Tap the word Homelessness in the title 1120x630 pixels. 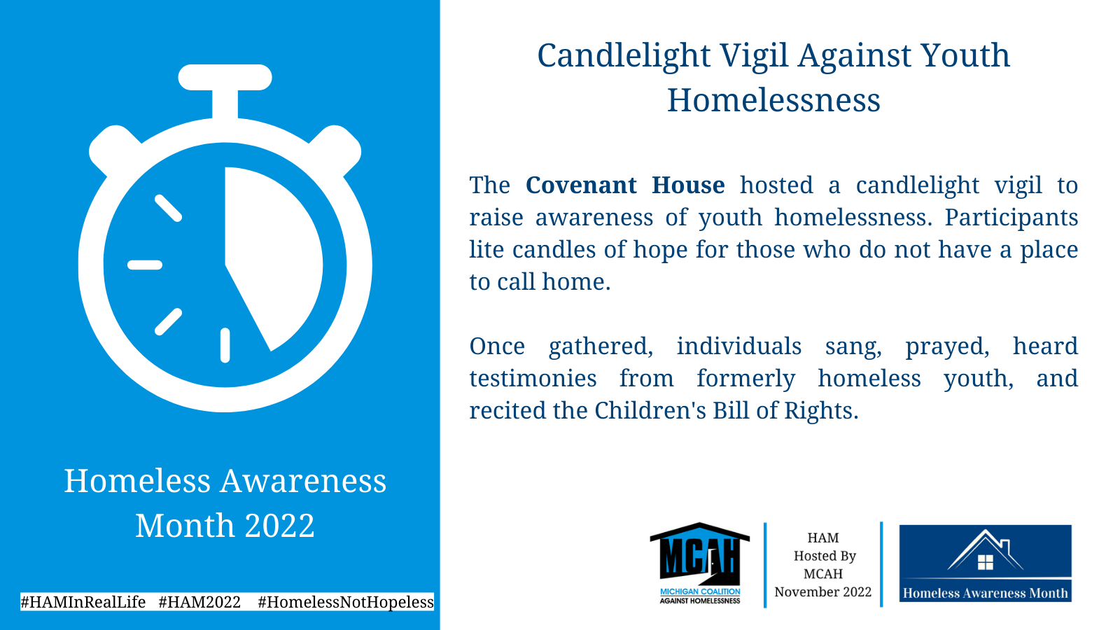coord(773,100)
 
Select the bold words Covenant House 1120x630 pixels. coord(625,185)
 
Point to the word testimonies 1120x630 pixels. coord(533,379)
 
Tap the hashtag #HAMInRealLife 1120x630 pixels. coord(83,601)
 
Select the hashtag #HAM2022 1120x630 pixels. coord(199,601)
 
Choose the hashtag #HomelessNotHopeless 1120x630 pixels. coord(346,602)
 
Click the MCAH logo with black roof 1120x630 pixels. coord(699,563)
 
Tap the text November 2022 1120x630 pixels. coord(823,592)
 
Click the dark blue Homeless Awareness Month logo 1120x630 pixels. coord(985,563)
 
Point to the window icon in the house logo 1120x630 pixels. coord(985,563)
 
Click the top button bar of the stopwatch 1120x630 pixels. coord(225,78)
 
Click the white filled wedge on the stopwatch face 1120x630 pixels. coord(272,250)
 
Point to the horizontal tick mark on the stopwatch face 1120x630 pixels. coord(145,265)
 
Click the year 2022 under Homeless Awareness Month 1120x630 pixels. coord(279,526)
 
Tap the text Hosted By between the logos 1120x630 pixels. coord(825,556)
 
